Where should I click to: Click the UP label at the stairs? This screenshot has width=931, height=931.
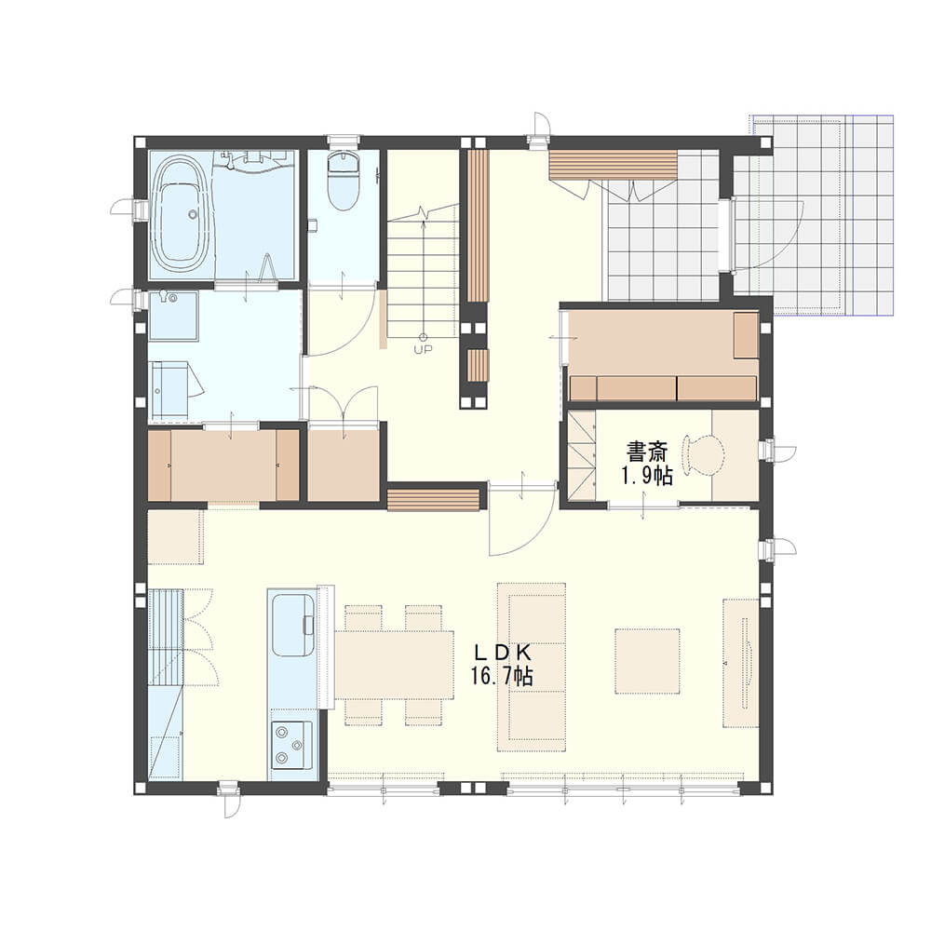click(424, 349)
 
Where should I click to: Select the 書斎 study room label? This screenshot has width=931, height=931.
click(647, 453)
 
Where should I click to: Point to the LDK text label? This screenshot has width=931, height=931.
click(501, 654)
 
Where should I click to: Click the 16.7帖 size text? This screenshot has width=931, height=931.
click(502, 676)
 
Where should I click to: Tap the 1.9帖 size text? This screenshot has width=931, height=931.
click(647, 476)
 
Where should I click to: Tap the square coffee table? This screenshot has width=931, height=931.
click(647, 661)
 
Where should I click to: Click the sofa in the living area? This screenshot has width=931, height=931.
click(532, 667)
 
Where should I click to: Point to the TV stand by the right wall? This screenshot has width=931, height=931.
click(741, 663)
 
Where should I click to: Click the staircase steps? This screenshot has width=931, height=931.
click(424, 270)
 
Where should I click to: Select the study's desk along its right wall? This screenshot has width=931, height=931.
click(735, 455)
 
